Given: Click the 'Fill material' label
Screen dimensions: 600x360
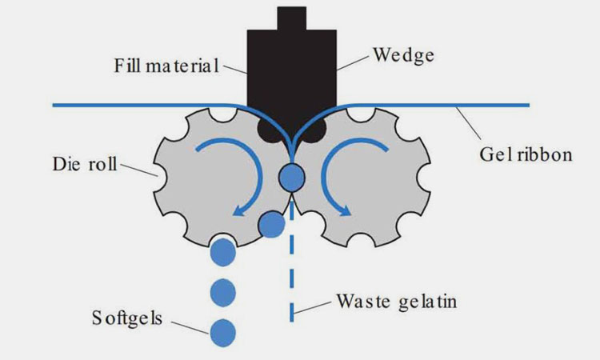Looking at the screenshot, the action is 166,66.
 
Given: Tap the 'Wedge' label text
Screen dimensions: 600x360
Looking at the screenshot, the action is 404,55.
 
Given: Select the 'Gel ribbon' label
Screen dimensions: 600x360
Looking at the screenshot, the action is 526,154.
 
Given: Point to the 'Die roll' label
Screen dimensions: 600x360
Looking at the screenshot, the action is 85,164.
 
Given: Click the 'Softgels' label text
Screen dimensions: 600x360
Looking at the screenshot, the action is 127,318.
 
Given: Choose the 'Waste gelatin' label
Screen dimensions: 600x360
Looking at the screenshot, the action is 397,301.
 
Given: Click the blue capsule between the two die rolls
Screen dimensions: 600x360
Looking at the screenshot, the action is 291,177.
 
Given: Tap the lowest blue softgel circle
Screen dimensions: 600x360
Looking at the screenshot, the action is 222,333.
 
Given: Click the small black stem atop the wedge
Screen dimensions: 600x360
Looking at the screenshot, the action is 291,18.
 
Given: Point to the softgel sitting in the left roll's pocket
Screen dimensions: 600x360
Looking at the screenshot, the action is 272,225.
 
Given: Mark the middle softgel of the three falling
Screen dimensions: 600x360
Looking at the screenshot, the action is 222,293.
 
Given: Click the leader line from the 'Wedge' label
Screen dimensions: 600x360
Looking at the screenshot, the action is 353,62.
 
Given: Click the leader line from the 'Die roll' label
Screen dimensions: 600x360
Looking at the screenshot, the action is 139,170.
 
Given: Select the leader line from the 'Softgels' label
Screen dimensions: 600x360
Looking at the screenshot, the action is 190,327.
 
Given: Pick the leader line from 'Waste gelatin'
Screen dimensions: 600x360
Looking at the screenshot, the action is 312,307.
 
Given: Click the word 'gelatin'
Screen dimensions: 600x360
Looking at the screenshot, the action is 428,302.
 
